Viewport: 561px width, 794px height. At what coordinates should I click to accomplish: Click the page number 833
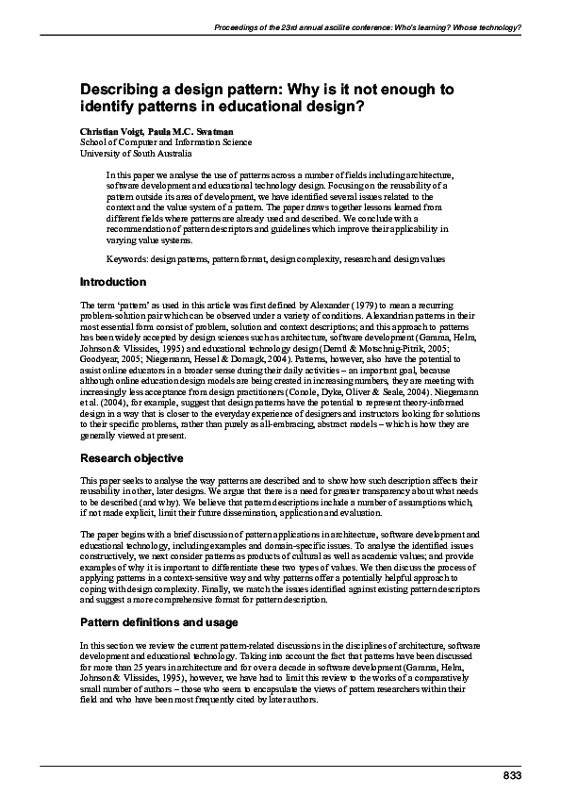click(510, 774)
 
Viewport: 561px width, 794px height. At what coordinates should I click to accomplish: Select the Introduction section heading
click(112, 282)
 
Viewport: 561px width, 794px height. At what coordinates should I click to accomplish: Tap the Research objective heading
click(131, 458)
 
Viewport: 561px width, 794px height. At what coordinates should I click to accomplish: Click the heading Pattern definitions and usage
click(158, 622)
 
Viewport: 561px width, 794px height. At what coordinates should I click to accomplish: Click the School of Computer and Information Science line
click(166, 142)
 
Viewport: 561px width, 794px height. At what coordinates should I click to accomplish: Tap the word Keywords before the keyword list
click(126, 258)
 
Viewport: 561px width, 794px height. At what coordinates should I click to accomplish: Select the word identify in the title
click(109, 107)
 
